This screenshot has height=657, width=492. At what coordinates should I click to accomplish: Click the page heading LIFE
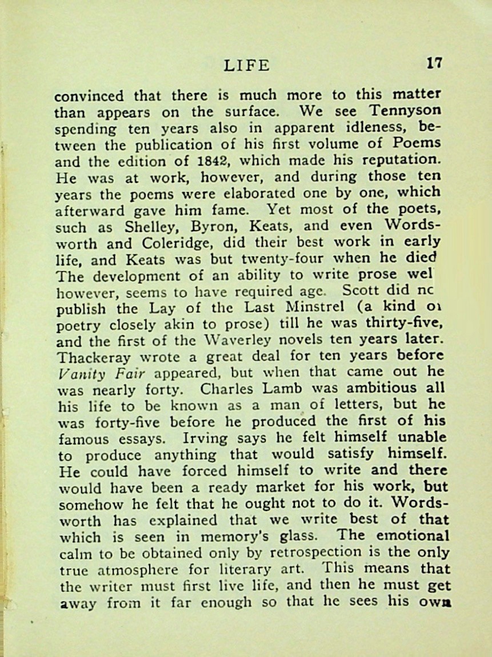click(246, 65)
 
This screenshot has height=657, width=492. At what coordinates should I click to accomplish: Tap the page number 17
click(434, 63)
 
